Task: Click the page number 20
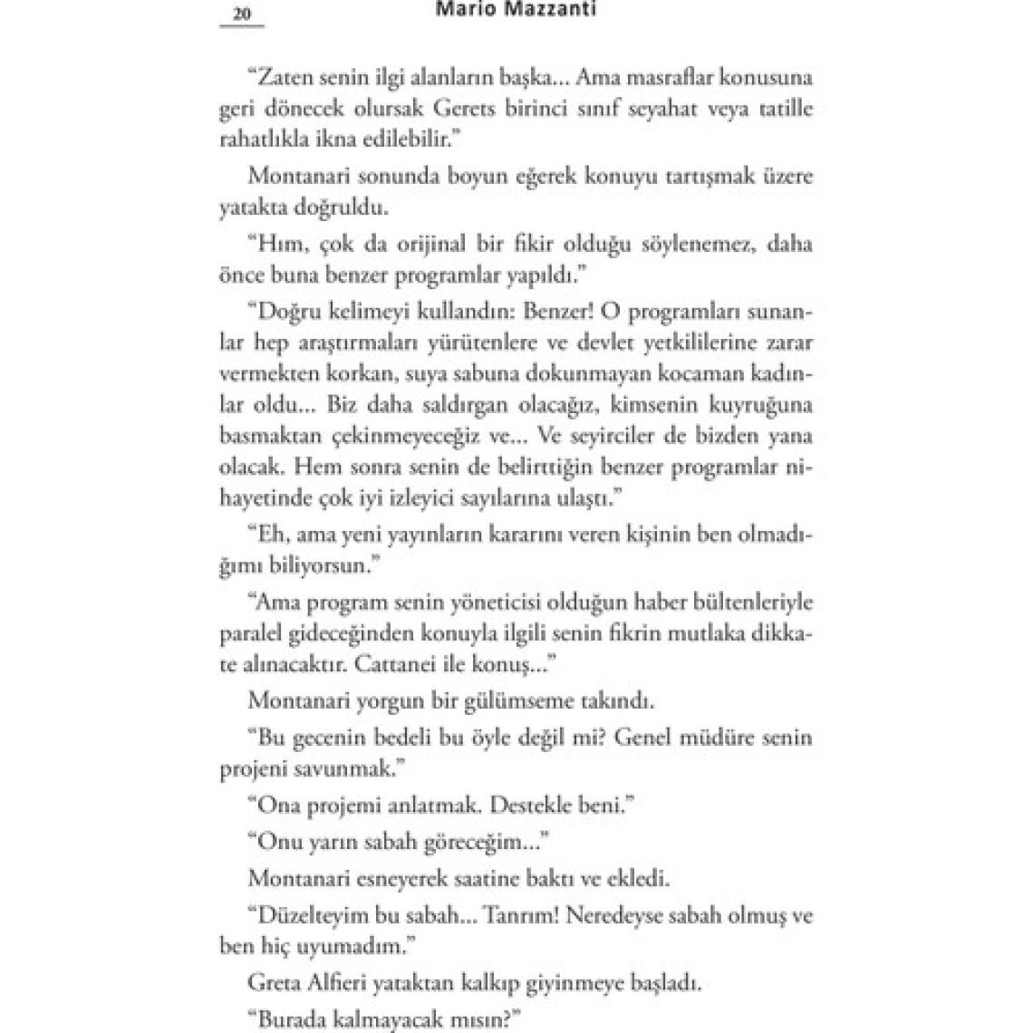pos(241,14)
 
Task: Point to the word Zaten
pos(284,77)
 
